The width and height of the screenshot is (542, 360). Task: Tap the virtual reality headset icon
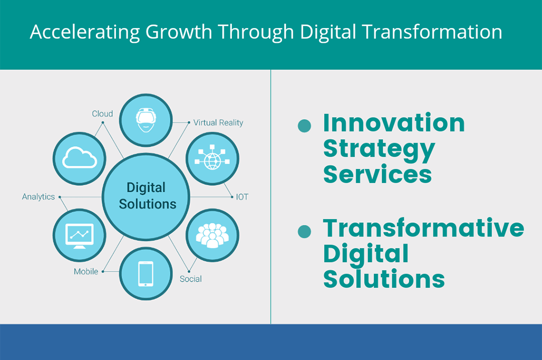pos(146,120)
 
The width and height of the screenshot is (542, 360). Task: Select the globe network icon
pos(212,158)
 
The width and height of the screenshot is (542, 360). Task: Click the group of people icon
pos(212,235)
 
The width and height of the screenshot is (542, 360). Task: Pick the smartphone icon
pos(146,274)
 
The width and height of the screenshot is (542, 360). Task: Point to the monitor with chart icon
pos(79,236)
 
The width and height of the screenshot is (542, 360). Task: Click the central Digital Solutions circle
pos(146,196)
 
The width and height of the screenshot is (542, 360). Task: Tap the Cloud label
pos(102,113)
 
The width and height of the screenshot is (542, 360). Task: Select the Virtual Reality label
pos(218,123)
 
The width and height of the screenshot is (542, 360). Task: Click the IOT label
pos(242,197)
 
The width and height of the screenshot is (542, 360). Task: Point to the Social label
pos(191,278)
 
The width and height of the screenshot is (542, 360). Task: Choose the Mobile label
pos(86,272)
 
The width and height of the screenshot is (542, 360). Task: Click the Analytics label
pos(38,197)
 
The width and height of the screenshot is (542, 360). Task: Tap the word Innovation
pos(394,123)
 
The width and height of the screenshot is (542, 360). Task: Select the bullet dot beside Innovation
pos(304,126)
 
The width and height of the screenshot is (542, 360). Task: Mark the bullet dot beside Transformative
pos(304,231)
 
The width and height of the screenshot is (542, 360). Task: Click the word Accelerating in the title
pos(85,32)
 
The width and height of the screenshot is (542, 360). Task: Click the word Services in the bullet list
pos(377,174)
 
